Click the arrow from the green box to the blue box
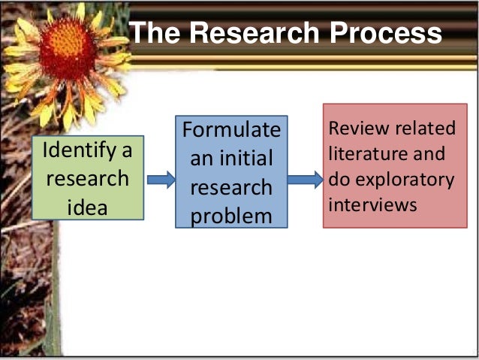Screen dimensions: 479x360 [x=160, y=180]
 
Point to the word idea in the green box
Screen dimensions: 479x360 [x=88, y=206]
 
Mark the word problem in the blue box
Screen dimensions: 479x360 [x=230, y=216]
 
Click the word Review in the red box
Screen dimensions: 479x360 [x=354, y=129]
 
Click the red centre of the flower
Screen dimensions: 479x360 [x=68, y=49]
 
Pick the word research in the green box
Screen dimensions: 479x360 [x=88, y=180]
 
